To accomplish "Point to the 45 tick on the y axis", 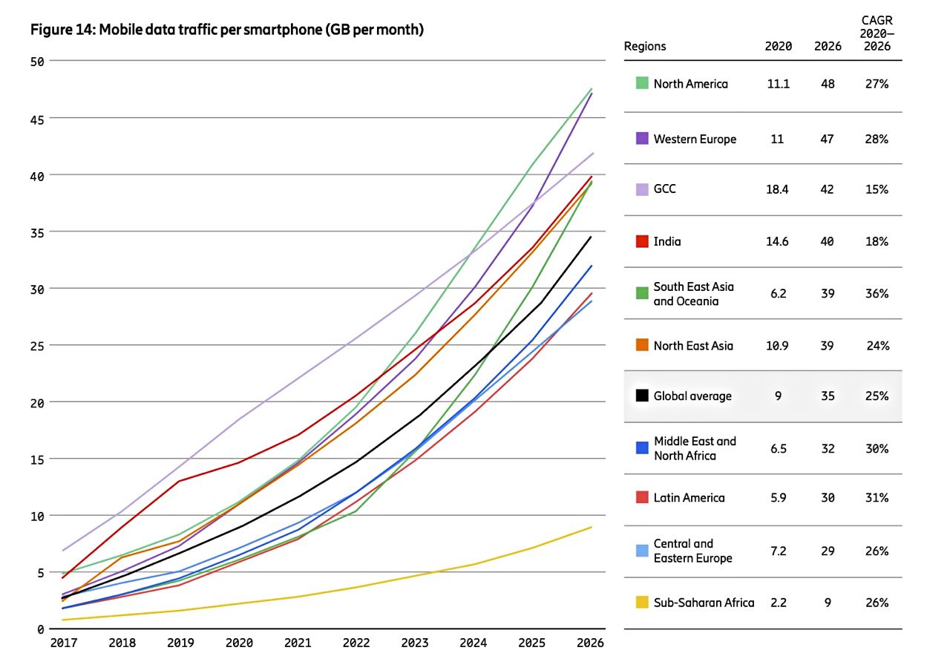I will pyautogui.click(x=36, y=119).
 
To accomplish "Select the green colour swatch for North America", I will pyautogui.click(x=643, y=83).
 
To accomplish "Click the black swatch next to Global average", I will pyautogui.click(x=643, y=396).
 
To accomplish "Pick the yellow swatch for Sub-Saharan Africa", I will pyautogui.click(x=643, y=602).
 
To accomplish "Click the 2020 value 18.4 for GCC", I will pyautogui.click(x=778, y=189).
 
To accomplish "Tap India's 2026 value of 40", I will pyautogui.click(x=827, y=241).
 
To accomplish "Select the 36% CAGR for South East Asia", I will pyautogui.click(x=876, y=294).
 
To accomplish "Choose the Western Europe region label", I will pyautogui.click(x=695, y=139).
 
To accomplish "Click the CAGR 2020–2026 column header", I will pyautogui.click(x=876, y=33).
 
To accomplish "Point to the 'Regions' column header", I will pyautogui.click(x=645, y=46).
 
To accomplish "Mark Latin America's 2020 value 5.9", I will pyautogui.click(x=778, y=498).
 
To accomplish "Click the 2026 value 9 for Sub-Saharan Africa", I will pyautogui.click(x=827, y=603).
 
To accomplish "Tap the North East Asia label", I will pyautogui.click(x=693, y=345).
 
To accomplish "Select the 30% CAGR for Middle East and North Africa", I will pyautogui.click(x=876, y=448).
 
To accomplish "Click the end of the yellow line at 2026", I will pyautogui.click(x=592, y=527).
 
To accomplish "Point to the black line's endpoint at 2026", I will pyautogui.click(x=592, y=237).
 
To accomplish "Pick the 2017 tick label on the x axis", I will pyautogui.click(x=65, y=643).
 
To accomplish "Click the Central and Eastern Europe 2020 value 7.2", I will pyautogui.click(x=778, y=551).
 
